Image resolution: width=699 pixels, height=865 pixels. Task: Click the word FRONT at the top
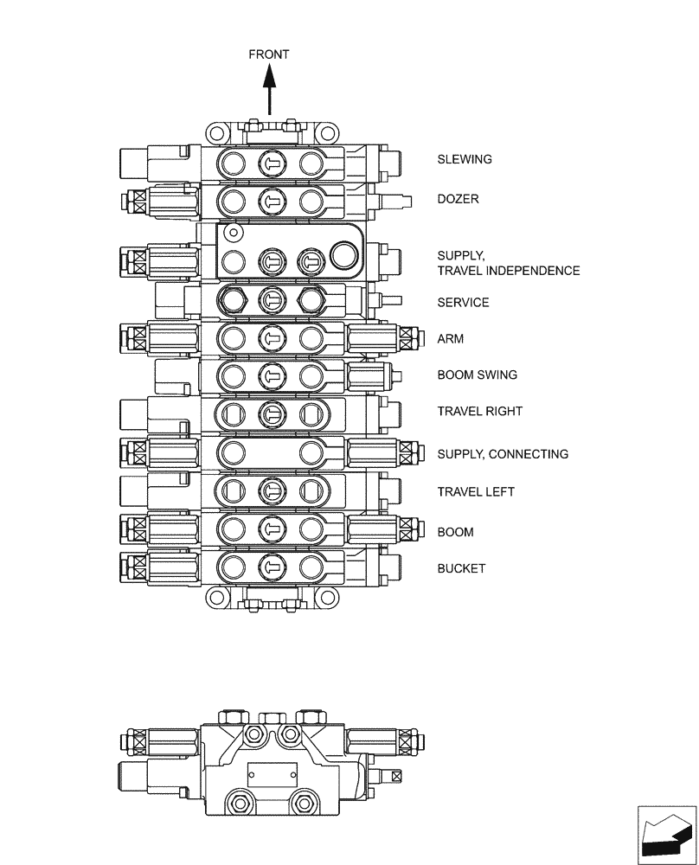[x=269, y=54]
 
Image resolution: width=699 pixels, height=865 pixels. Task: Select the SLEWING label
[x=465, y=159]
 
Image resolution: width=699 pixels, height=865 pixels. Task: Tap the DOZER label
[x=458, y=199]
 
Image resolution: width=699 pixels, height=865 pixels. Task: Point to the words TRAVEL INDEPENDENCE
[x=509, y=271]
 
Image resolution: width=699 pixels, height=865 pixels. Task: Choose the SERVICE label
[x=463, y=303]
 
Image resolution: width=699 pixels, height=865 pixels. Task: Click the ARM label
[x=450, y=339]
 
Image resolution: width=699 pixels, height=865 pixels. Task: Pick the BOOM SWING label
[x=477, y=375]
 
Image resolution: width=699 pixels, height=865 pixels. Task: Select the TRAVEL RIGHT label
[x=479, y=411]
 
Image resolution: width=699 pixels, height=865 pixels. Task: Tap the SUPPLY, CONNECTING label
[x=503, y=454]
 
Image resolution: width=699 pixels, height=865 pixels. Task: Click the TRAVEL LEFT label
[x=476, y=491]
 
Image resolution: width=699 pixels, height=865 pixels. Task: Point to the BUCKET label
[x=461, y=568]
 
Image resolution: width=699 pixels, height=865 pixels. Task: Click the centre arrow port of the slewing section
[x=271, y=162]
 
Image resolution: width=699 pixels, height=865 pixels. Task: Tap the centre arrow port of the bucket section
[x=271, y=567]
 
